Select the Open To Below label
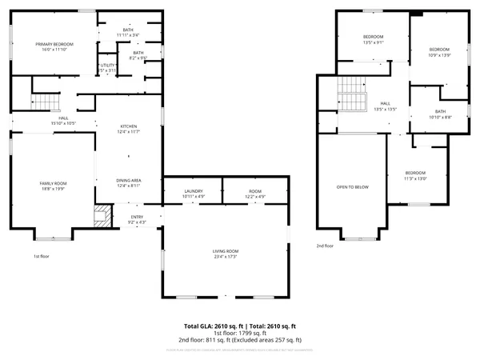[352, 186]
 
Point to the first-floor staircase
[46, 102]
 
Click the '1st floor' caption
[42, 257]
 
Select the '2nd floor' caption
[324, 246]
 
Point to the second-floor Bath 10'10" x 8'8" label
[440, 114]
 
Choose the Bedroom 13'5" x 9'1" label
[374, 40]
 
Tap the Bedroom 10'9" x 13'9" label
[440, 52]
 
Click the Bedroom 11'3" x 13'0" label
[415, 176]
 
